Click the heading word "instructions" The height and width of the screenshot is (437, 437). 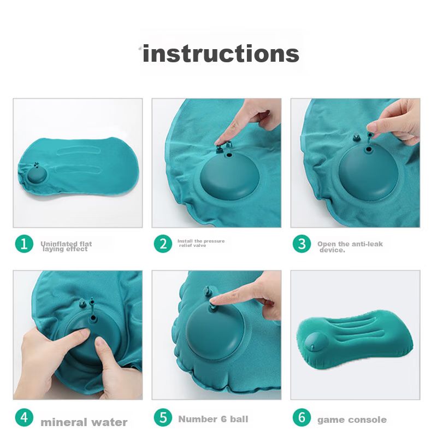[x=221, y=54]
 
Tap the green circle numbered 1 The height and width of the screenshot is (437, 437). [x=24, y=244]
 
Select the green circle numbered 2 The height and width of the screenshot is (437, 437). [x=163, y=244]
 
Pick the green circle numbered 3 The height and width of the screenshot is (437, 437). [x=302, y=244]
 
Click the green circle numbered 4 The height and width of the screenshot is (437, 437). [x=24, y=417]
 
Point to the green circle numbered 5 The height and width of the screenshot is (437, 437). [x=163, y=417]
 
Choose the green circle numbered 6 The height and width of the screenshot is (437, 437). [x=302, y=417]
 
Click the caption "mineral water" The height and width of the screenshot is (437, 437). [x=84, y=422]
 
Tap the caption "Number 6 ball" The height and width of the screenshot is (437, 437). [x=213, y=419]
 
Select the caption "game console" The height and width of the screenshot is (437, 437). [x=352, y=420]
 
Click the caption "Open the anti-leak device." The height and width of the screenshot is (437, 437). [x=350, y=247]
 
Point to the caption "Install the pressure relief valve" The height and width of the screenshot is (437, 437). [x=201, y=243]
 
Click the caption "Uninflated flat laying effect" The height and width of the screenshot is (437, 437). [x=66, y=246]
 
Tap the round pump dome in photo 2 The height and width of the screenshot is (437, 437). [x=229, y=175]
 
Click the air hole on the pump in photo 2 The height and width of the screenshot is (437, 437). [x=229, y=155]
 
